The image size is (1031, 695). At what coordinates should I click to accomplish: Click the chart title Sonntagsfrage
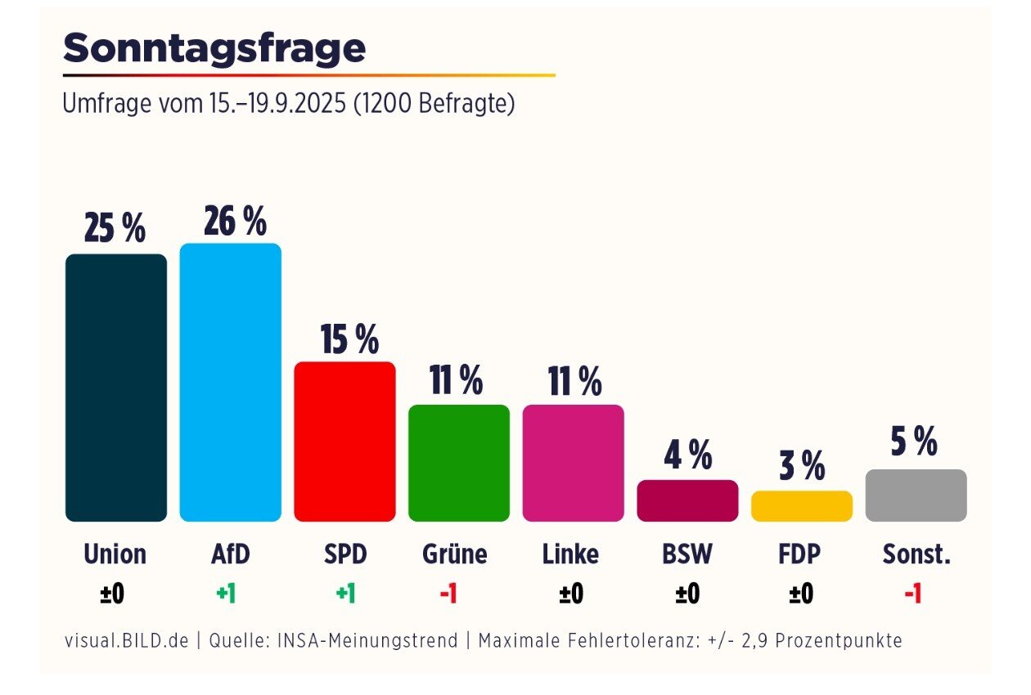click(x=214, y=49)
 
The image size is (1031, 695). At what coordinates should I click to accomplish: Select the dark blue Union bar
click(x=116, y=388)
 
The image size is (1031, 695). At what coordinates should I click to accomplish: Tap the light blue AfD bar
click(x=231, y=382)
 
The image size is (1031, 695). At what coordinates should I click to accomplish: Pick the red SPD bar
click(x=344, y=442)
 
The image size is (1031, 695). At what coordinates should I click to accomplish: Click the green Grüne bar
click(x=459, y=463)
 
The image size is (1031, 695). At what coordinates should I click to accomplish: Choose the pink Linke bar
click(x=573, y=463)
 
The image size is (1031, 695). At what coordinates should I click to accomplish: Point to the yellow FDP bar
click(x=802, y=506)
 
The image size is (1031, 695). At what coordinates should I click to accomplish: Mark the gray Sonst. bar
click(x=916, y=495)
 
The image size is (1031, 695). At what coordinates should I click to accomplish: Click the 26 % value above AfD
click(x=235, y=222)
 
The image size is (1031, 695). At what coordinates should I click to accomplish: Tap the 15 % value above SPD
click(x=349, y=339)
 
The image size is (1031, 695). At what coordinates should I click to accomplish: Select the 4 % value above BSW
click(x=688, y=455)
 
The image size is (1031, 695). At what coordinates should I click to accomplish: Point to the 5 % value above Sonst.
click(x=914, y=442)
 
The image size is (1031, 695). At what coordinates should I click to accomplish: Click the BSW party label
click(x=687, y=554)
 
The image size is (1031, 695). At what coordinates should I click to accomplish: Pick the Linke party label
click(x=570, y=554)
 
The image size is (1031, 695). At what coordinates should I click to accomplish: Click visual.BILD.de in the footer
click(x=126, y=640)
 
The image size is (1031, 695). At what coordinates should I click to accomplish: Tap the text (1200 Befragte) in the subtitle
click(x=434, y=105)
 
